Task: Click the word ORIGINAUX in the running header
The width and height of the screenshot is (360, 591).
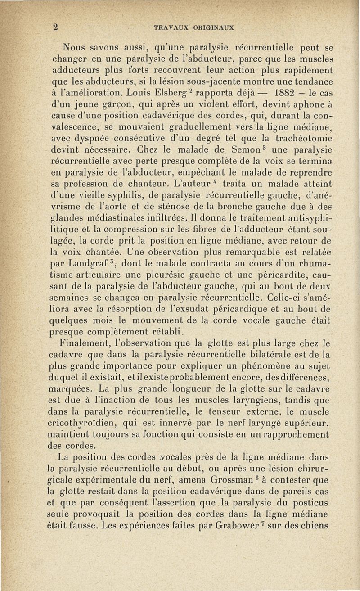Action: pos(213,27)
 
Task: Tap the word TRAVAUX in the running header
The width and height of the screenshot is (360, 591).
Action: pos(170,27)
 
